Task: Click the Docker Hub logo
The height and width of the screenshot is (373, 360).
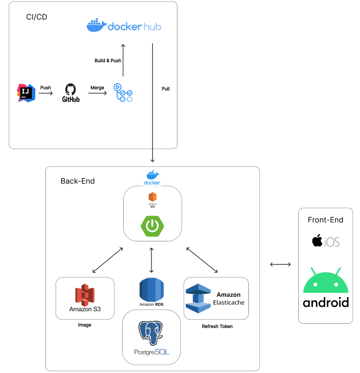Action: pos(124,26)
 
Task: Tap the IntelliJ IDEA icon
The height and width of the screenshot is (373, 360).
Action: pos(26,93)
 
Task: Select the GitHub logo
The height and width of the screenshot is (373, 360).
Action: pos(71,93)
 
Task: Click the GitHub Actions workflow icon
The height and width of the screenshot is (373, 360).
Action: pos(123,93)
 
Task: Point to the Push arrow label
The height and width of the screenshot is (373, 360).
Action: pos(45,88)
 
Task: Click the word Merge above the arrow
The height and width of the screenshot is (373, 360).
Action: pos(97,88)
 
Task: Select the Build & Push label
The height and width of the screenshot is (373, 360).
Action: pos(108,61)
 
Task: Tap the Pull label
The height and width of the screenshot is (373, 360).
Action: pos(165,89)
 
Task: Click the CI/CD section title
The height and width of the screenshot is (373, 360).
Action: pos(37,17)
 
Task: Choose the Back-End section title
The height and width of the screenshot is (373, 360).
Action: pos(77,181)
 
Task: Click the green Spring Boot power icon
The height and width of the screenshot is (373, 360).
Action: pos(152,226)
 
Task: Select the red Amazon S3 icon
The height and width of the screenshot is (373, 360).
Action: pos(85,294)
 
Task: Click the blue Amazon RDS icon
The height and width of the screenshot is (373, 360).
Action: pos(152,290)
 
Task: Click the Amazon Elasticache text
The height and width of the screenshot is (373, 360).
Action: pos(228,298)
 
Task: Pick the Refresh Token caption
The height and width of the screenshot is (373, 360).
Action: pos(217,327)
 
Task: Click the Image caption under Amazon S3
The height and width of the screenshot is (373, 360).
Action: pos(84,325)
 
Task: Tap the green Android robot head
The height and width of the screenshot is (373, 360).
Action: pos(325,281)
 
